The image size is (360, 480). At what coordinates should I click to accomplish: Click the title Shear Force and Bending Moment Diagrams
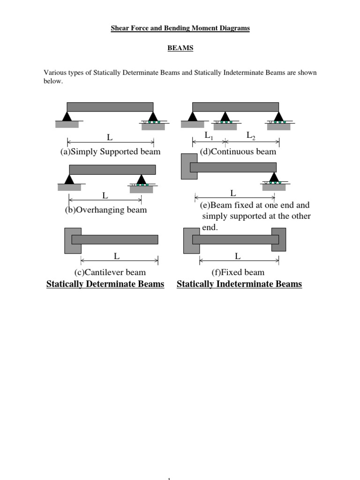click(180, 28)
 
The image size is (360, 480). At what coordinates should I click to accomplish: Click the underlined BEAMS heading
click(180, 48)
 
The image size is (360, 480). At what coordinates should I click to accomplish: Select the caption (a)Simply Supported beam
click(110, 151)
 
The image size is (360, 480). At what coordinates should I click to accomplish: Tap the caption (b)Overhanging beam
click(105, 210)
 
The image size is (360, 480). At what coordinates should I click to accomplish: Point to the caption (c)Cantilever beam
click(110, 272)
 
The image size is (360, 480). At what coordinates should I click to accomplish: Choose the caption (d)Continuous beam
click(238, 151)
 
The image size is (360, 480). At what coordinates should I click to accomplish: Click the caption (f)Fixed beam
click(238, 272)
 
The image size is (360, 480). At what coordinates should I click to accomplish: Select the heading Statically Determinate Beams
click(105, 284)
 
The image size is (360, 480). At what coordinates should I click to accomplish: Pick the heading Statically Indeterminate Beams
click(239, 284)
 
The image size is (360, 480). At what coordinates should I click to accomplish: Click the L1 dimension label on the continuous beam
click(209, 135)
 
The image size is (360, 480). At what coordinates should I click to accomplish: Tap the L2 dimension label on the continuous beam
click(251, 135)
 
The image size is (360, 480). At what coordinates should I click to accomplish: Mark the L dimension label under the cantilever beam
click(117, 256)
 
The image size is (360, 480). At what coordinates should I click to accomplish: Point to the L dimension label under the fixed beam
click(238, 256)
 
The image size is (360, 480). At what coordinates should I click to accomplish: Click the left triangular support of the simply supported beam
click(67, 117)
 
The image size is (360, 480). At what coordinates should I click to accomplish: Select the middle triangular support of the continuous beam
click(225, 117)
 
